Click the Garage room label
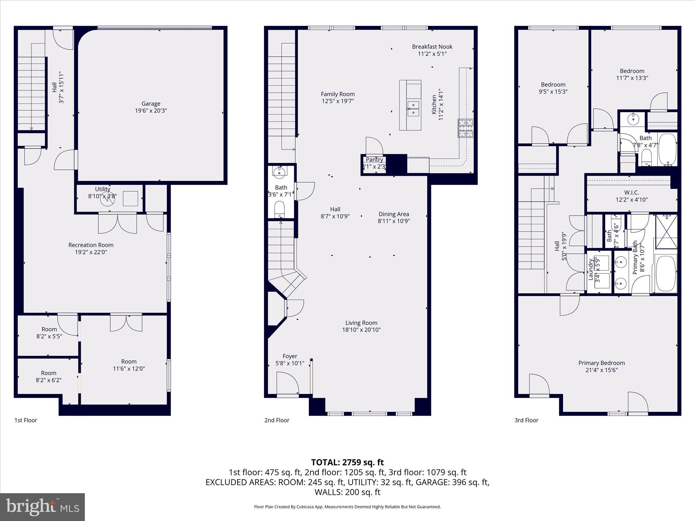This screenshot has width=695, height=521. pos(151,104)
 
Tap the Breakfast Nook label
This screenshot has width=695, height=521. pos(432,47)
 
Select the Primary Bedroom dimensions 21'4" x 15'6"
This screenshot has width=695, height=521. pos(601,370)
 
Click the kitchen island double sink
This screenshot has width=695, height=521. pos(413,108)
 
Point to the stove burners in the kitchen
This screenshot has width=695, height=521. pos(466,128)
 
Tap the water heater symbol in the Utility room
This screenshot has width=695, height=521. pos(108,199)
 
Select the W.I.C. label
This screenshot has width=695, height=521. pos(632,193)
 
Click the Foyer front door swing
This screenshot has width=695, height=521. pos(288,383)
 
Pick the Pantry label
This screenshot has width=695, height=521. pos(374,160)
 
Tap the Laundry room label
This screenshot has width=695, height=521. pos(590,270)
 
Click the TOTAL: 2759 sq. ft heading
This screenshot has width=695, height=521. pos(347,462)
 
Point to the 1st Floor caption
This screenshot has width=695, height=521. pos(25,420)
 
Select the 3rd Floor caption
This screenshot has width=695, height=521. pos(526,420)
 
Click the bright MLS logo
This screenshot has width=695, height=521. pos(42,507)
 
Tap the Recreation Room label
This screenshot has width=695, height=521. pos(91,245)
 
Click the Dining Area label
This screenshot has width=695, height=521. pos(394,214)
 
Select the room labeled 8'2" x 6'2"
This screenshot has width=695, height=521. pos(49,377)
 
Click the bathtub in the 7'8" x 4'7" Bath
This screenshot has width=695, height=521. pos(668,149)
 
